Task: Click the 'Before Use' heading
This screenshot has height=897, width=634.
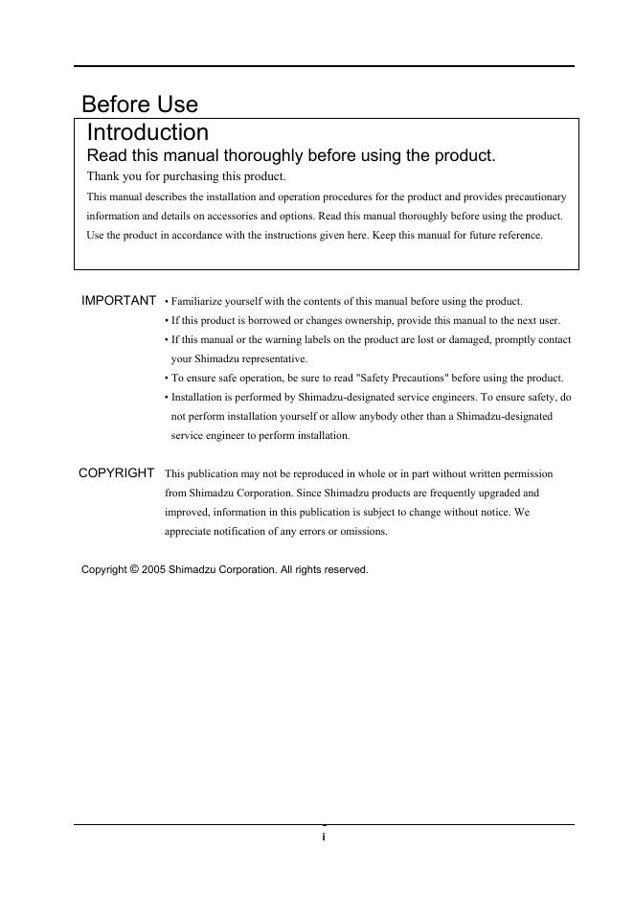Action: (x=140, y=103)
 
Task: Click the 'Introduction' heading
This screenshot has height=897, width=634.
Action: (x=147, y=132)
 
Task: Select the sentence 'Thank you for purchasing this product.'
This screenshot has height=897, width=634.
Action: (x=186, y=176)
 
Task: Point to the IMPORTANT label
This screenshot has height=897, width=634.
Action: (x=119, y=301)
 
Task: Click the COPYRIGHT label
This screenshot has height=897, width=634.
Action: (x=116, y=472)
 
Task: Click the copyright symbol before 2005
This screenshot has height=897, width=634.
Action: (x=134, y=569)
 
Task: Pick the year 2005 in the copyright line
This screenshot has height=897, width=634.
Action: (x=153, y=569)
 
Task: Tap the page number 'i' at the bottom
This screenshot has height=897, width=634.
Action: (x=324, y=837)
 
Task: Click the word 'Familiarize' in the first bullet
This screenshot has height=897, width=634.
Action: (x=196, y=301)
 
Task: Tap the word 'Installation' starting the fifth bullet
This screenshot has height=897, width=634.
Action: (x=196, y=397)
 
